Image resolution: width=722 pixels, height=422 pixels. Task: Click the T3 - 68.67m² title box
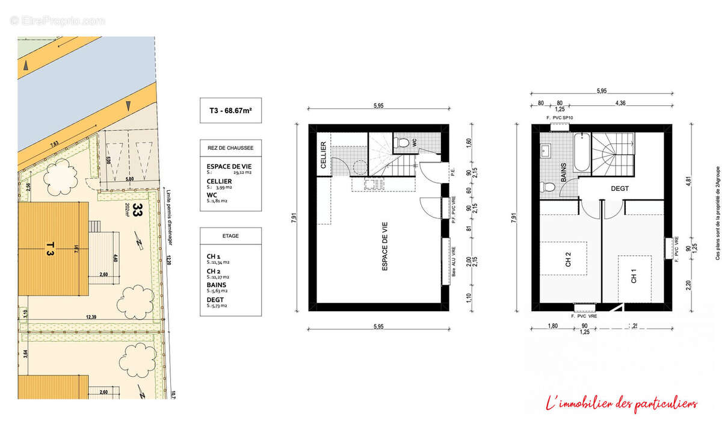(230, 111)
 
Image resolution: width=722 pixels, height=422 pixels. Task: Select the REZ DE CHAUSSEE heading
(230, 147)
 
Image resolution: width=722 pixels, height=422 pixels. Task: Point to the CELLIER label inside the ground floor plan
(323, 155)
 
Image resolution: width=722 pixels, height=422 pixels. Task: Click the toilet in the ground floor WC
(404, 143)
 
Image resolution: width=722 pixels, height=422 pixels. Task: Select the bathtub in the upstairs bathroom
(581, 152)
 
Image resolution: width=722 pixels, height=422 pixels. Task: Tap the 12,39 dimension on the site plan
(91, 317)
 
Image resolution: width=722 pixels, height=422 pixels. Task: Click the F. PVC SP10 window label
(560, 118)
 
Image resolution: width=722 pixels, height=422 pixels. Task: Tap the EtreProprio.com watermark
(57, 20)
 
